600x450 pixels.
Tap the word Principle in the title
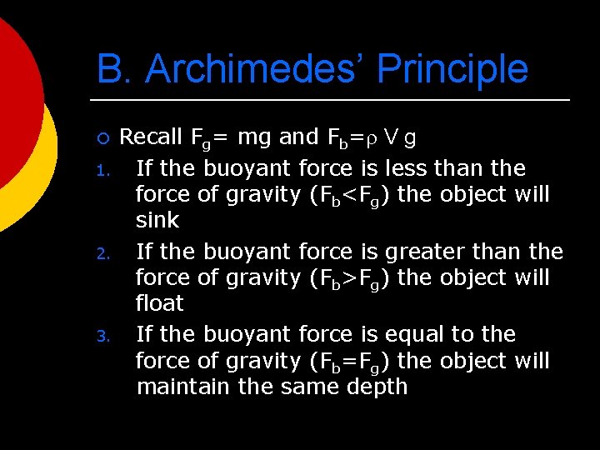click(452, 69)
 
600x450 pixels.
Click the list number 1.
click(102, 172)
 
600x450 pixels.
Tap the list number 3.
click(102, 337)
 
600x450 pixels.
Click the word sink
click(157, 221)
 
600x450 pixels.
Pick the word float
click(160, 303)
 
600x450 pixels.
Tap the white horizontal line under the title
click(333, 101)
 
